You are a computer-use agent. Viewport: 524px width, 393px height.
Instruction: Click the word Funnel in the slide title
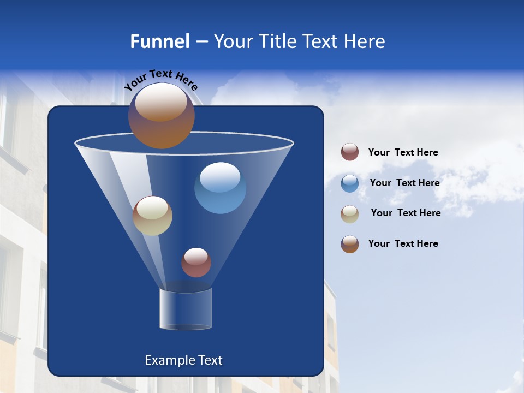pyautogui.click(x=159, y=41)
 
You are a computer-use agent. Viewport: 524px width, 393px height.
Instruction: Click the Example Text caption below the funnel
pyautogui.click(x=184, y=360)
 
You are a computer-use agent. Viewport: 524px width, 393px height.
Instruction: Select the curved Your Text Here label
pyautogui.click(x=160, y=80)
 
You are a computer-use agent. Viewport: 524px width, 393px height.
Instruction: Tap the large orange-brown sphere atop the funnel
pyautogui.click(x=161, y=116)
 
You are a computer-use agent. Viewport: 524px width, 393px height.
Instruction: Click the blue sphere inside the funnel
pyautogui.click(x=220, y=188)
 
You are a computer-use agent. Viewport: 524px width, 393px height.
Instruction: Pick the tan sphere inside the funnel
pyautogui.click(x=152, y=216)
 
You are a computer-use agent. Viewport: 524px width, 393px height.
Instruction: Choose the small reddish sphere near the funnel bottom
pyautogui.click(x=196, y=263)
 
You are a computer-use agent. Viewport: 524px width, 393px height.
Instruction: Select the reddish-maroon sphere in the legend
pyautogui.click(x=350, y=152)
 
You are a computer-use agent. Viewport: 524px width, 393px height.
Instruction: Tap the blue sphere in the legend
pyautogui.click(x=350, y=183)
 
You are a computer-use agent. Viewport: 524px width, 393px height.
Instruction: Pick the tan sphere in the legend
pyautogui.click(x=350, y=214)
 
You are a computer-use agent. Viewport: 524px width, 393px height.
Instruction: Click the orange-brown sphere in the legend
pyautogui.click(x=350, y=244)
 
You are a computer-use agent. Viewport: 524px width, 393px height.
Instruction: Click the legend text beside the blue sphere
pyautogui.click(x=404, y=183)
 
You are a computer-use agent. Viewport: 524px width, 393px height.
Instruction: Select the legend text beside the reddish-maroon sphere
pyautogui.click(x=403, y=152)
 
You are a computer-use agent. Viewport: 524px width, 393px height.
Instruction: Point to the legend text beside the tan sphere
pyautogui.click(x=406, y=213)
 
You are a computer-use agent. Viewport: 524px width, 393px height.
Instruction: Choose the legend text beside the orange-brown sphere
pyautogui.click(x=403, y=243)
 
